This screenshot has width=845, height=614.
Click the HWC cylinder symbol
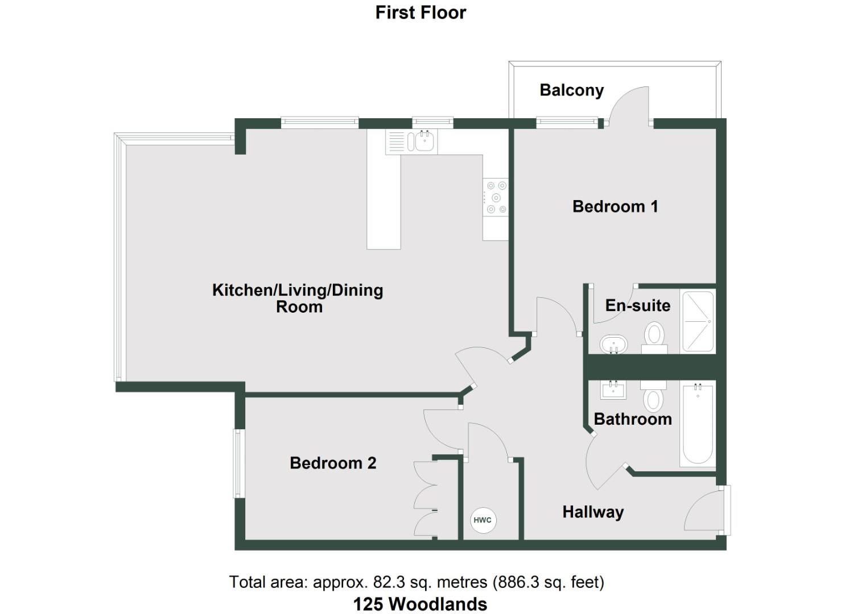[x=483, y=520]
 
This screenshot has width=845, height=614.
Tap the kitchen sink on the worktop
[x=422, y=142]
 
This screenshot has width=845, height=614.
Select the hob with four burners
[x=495, y=198]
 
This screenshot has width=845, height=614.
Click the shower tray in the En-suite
[x=697, y=321]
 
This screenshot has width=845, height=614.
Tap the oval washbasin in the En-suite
[x=613, y=344]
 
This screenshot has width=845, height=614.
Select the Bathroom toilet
[x=653, y=396]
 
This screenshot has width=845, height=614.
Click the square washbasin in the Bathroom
[x=613, y=390]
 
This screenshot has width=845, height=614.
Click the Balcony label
[x=571, y=90]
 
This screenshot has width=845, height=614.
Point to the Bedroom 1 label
[x=615, y=206]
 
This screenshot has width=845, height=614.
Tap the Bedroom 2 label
[x=333, y=463]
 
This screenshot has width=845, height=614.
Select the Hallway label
[x=593, y=512]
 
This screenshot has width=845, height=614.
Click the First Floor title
[x=421, y=13]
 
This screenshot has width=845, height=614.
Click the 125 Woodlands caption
[x=420, y=604]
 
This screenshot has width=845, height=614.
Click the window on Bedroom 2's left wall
[x=238, y=464]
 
